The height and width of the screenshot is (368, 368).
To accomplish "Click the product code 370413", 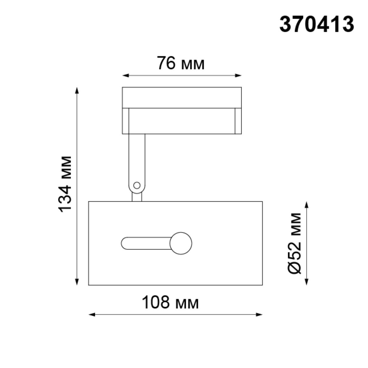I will pos(317,24).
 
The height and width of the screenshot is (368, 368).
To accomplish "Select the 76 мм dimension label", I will pos(181,63).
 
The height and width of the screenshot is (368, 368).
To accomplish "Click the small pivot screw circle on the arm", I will pos(137,185).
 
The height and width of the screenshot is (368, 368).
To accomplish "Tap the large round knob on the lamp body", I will pos(181,243).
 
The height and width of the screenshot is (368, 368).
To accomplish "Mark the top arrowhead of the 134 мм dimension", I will pos(77,90).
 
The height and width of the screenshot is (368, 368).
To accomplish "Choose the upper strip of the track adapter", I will pos(182,98).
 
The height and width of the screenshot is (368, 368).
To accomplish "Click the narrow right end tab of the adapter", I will pos(238,121).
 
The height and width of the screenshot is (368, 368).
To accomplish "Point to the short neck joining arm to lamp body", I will pos(137,197).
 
